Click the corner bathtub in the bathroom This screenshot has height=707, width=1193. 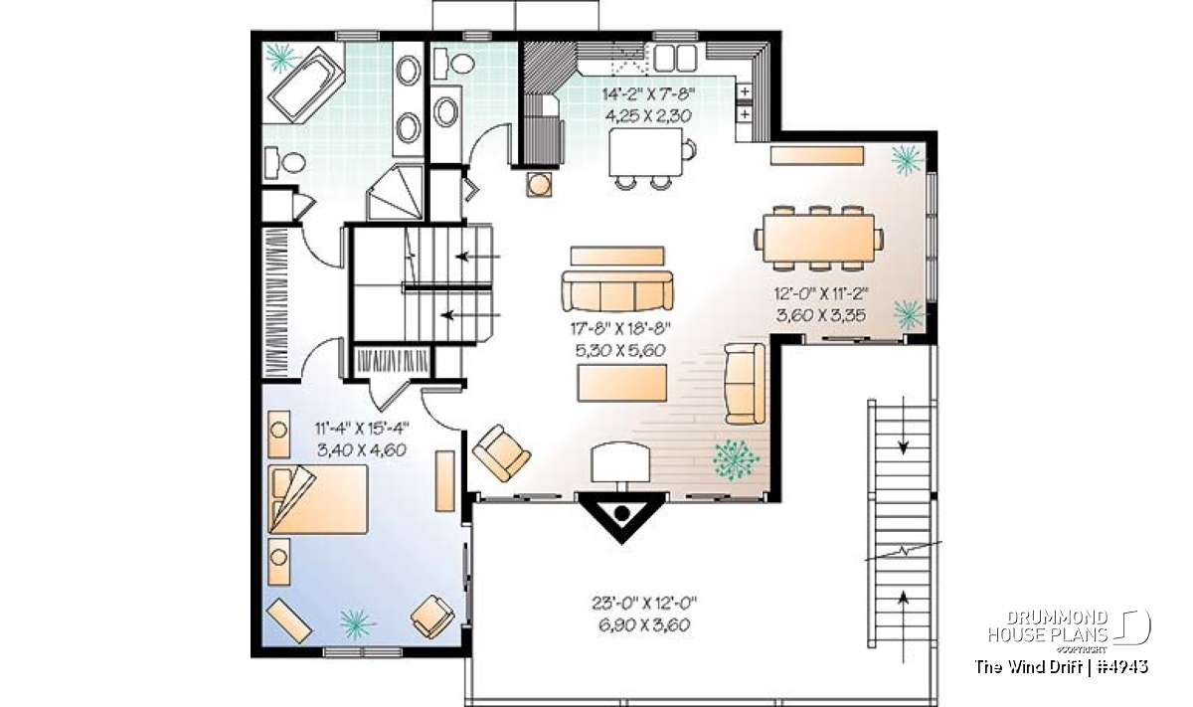tap(305, 86)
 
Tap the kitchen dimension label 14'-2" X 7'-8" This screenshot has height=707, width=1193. tap(648, 94)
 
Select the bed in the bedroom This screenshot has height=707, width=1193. tap(318, 499)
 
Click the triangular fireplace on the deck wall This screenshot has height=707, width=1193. tap(622, 515)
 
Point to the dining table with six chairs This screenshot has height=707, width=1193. tap(818, 239)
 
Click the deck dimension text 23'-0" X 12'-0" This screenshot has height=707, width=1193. tap(644, 604)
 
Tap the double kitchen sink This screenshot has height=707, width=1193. tap(675, 58)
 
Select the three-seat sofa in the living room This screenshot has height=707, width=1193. tap(617, 290)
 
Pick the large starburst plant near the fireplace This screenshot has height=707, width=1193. tap(736, 459)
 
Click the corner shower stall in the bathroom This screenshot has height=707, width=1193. tap(396, 193)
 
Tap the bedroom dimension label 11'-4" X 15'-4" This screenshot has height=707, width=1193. tap(362, 428)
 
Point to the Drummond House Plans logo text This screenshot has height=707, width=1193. tap(1048, 626)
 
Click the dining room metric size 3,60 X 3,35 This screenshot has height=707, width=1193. tap(821, 315)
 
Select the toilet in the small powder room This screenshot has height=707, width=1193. tap(453, 64)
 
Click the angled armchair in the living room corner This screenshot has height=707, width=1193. tap(502, 452)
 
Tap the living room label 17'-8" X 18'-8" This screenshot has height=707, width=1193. tap(620, 329)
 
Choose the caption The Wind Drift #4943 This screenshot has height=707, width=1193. tap(1061, 666)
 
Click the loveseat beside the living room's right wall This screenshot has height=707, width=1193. tap(745, 384)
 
